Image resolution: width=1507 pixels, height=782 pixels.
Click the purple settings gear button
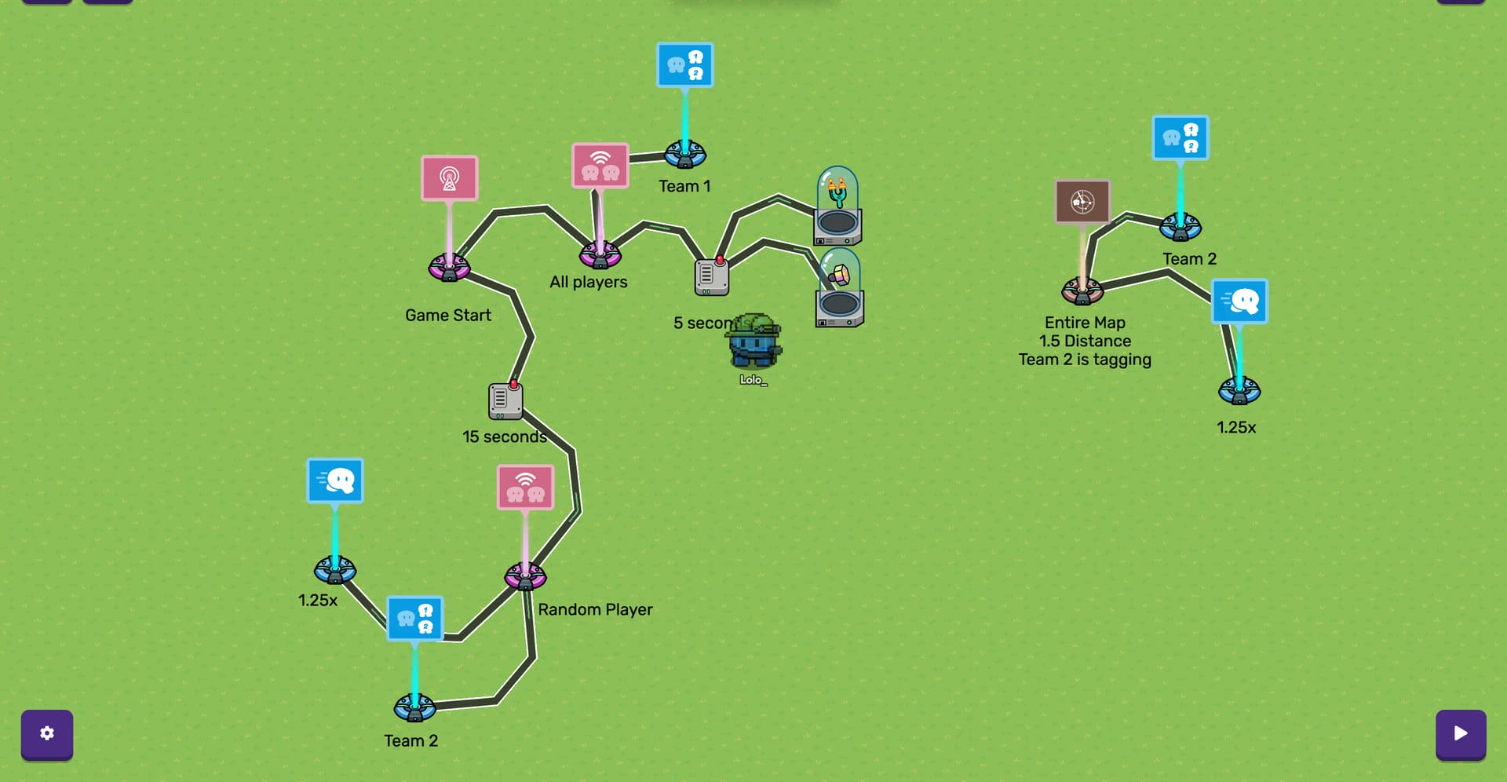pos(47,733)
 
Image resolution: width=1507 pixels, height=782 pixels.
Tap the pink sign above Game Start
pos(449,178)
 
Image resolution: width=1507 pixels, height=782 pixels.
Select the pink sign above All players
pos(600,166)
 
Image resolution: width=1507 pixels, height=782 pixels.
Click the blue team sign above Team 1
pos(684,65)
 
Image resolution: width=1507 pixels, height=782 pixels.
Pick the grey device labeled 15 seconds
pos(505,400)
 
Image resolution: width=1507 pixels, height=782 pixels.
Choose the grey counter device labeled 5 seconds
pos(711,276)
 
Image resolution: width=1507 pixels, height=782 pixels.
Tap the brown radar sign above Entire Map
pos(1082,202)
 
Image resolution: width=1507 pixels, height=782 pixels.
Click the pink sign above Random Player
pos(525,487)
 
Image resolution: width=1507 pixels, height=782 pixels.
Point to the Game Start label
pos(448,316)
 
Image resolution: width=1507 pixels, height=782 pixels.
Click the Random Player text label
pos(595,609)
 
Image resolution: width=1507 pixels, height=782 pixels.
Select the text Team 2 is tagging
pos(1085,360)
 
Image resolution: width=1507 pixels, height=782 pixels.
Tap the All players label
pos(589,282)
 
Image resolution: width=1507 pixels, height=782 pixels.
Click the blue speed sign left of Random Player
pos(335,481)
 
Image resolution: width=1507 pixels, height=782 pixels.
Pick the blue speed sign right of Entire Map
pos(1239,301)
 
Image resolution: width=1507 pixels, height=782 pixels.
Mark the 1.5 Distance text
pos(1085,341)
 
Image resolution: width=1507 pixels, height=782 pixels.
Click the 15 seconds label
pos(504,437)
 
